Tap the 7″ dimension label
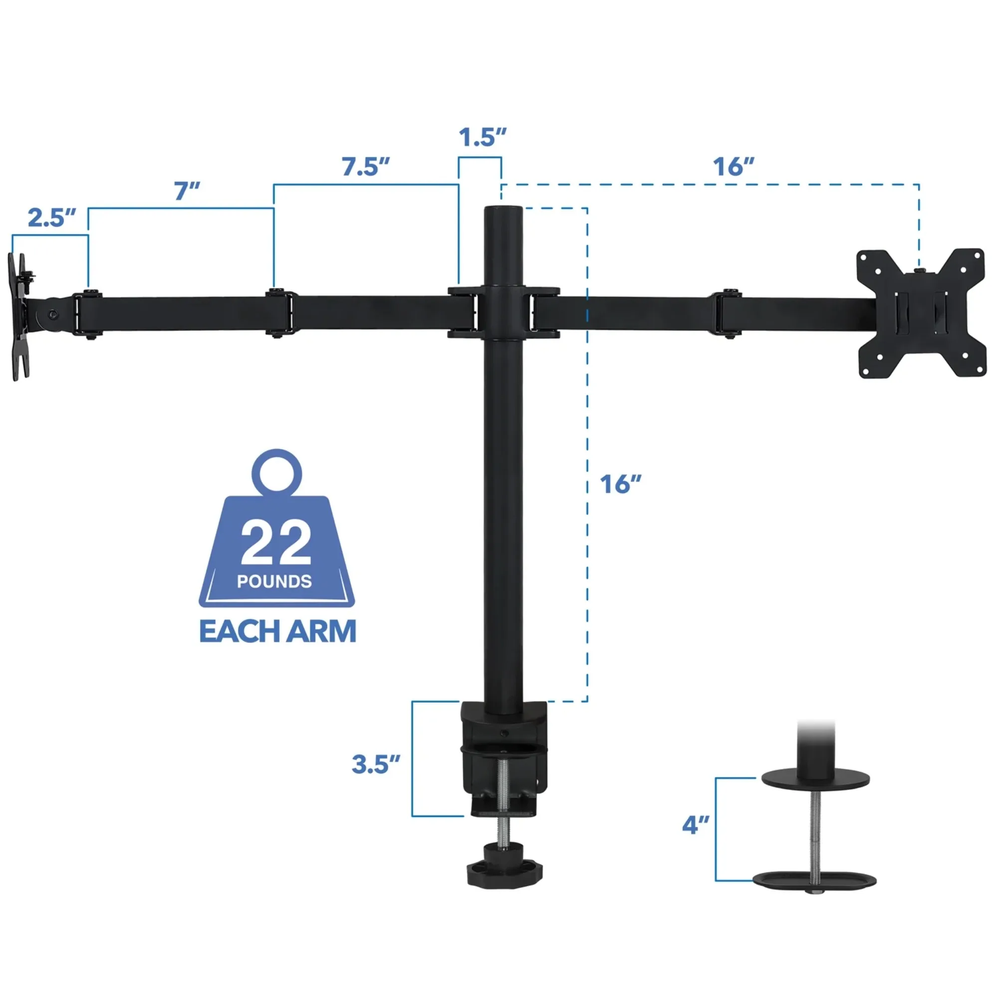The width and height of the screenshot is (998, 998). click(187, 191)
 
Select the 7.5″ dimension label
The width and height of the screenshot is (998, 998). click(365, 166)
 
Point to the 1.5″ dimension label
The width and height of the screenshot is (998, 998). click(483, 137)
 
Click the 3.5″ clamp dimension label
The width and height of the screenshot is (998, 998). click(376, 764)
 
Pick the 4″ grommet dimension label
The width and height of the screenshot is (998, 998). click(695, 824)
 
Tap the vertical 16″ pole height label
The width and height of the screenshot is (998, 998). click(620, 484)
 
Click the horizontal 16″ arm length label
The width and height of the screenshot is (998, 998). click(733, 166)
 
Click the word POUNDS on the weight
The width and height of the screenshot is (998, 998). click(274, 582)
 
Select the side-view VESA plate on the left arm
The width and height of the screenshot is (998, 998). click(19, 316)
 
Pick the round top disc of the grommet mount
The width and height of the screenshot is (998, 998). click(816, 779)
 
